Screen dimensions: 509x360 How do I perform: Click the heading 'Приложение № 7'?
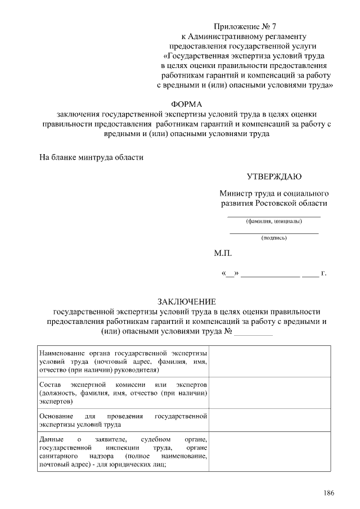pyautogui.click(x=245, y=26)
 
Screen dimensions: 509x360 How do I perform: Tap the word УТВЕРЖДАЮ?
pyautogui.click(x=273, y=177)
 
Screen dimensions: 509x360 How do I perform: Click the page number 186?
pyautogui.click(x=328, y=493)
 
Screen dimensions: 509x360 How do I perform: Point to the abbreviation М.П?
pyautogui.click(x=222, y=254)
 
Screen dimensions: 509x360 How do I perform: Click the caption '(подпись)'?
pyautogui.click(x=274, y=238)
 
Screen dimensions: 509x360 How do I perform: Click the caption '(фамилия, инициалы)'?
pyautogui.click(x=274, y=221)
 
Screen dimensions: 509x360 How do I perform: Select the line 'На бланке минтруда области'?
pyautogui.click(x=91, y=157)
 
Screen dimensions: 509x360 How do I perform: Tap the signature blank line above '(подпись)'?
pyautogui.click(x=274, y=233)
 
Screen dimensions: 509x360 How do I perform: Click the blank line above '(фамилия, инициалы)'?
pyautogui.click(x=274, y=216)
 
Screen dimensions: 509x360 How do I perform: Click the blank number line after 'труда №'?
pyautogui.click(x=253, y=334)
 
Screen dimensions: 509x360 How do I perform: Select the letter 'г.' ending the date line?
pyautogui.click(x=323, y=274)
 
